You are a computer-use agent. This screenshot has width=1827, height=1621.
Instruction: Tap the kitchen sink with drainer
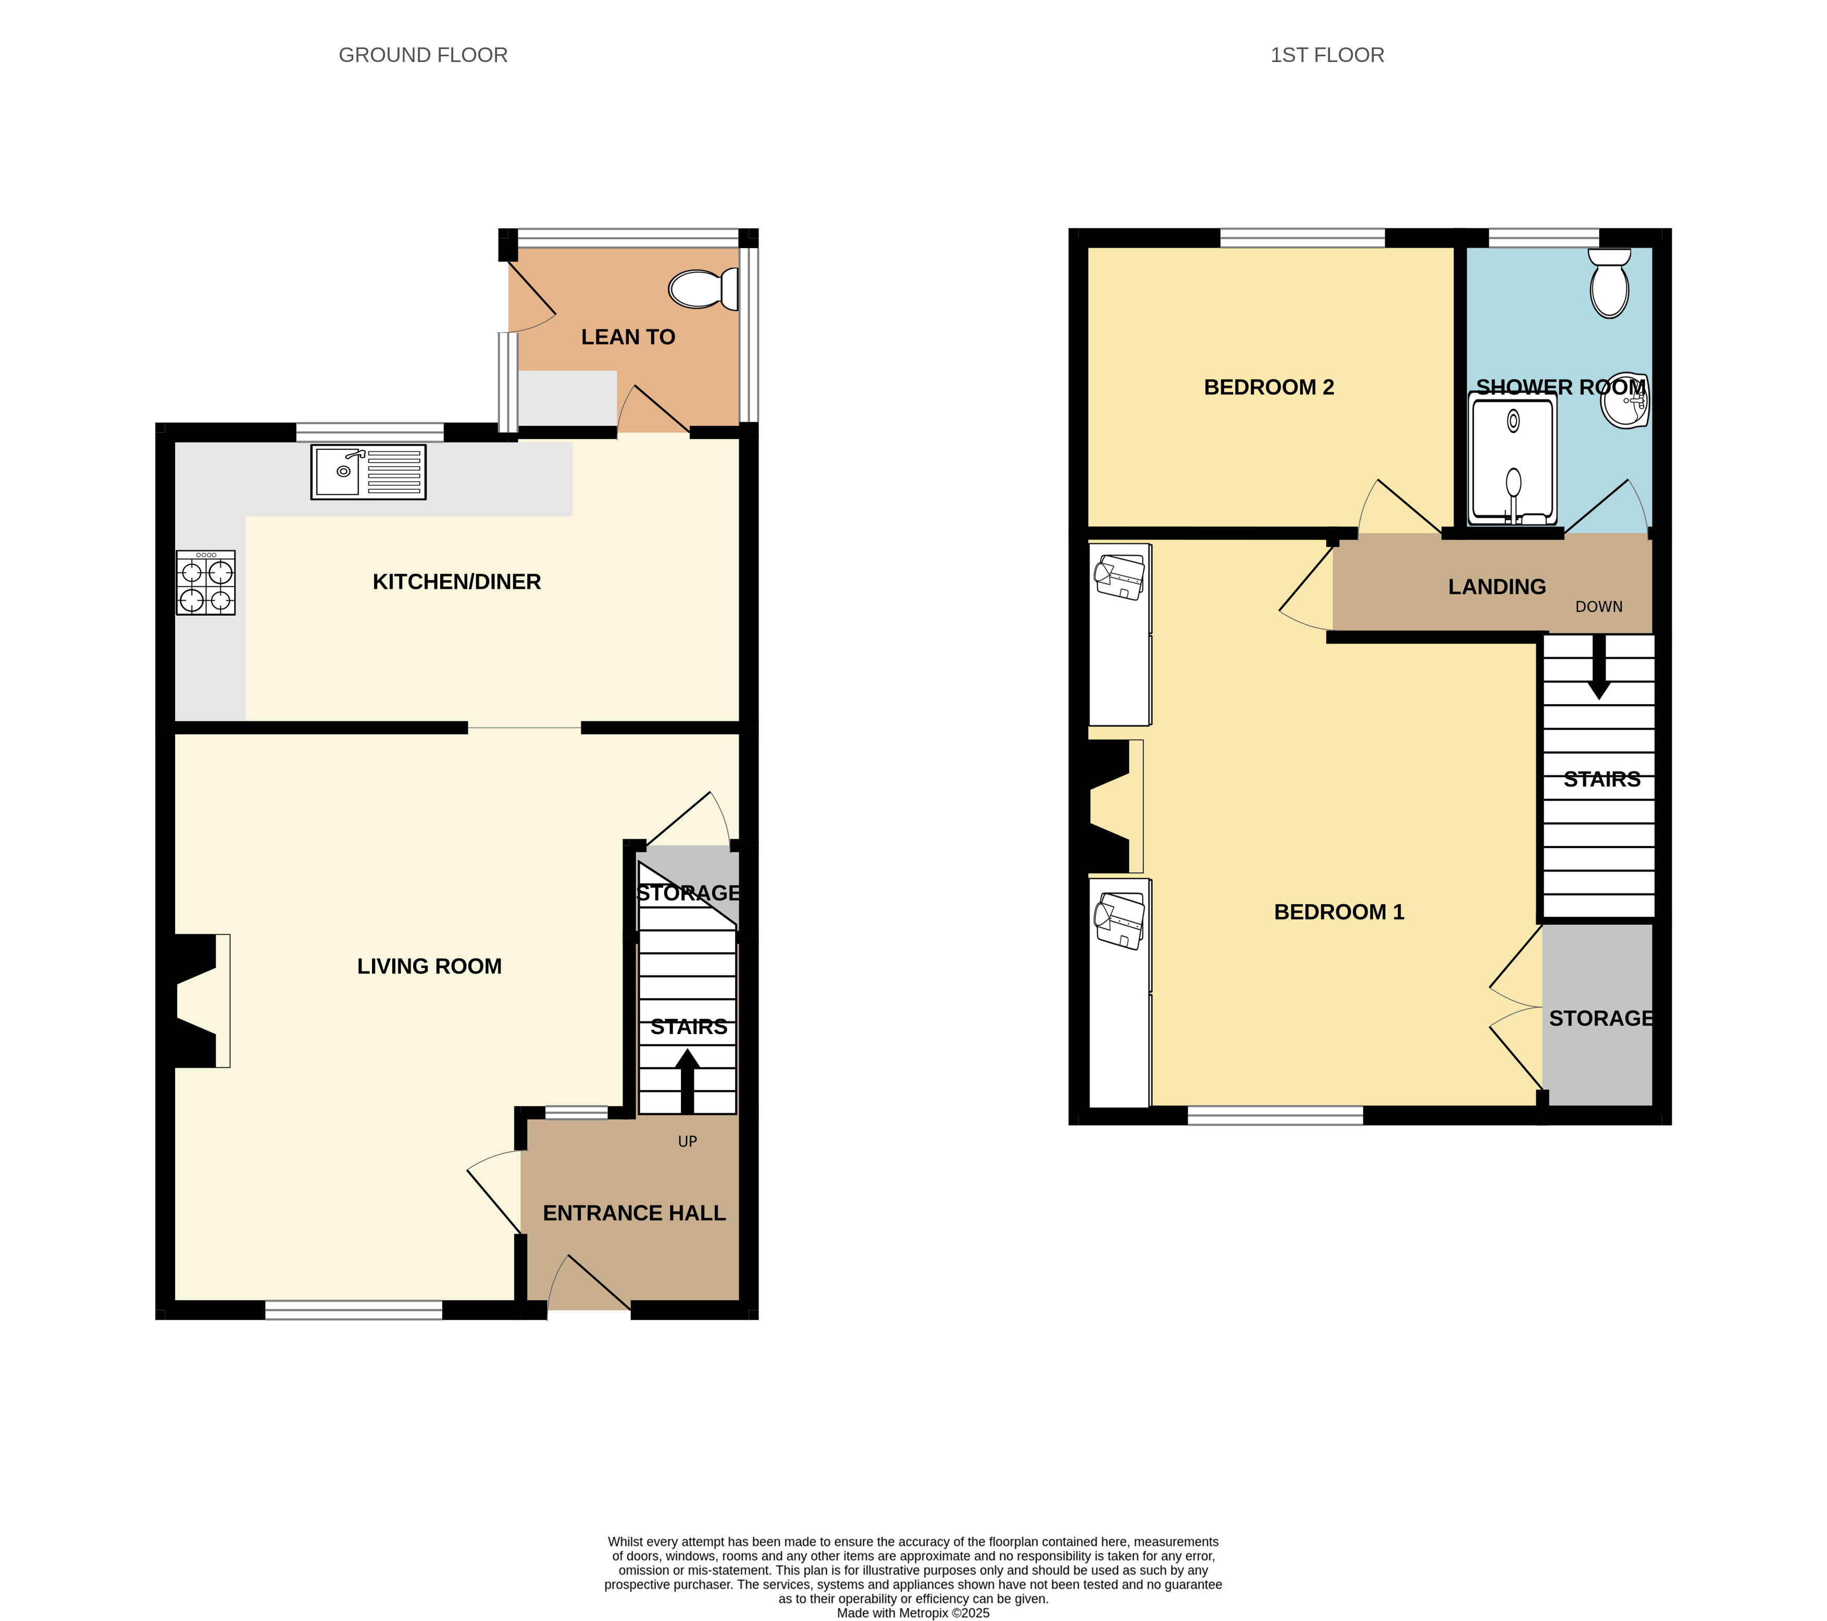click(x=368, y=472)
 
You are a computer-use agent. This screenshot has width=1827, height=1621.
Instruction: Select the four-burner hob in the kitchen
click(x=206, y=582)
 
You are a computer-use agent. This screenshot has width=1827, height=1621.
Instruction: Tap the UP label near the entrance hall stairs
click(x=687, y=1142)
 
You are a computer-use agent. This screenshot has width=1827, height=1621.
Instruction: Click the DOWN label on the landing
click(x=1599, y=606)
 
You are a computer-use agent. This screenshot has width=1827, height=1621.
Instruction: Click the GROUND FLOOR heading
click(x=423, y=55)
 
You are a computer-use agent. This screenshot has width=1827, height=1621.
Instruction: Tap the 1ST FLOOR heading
click(x=1327, y=55)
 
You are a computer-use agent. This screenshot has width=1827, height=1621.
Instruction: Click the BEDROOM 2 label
click(x=1269, y=387)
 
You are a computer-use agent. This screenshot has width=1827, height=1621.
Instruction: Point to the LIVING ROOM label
click(x=429, y=966)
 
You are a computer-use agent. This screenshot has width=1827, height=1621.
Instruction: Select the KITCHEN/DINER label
click(x=457, y=582)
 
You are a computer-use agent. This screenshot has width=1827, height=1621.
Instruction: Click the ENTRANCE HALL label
click(x=635, y=1213)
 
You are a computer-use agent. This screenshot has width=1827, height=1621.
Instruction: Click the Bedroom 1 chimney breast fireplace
click(x=1113, y=806)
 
